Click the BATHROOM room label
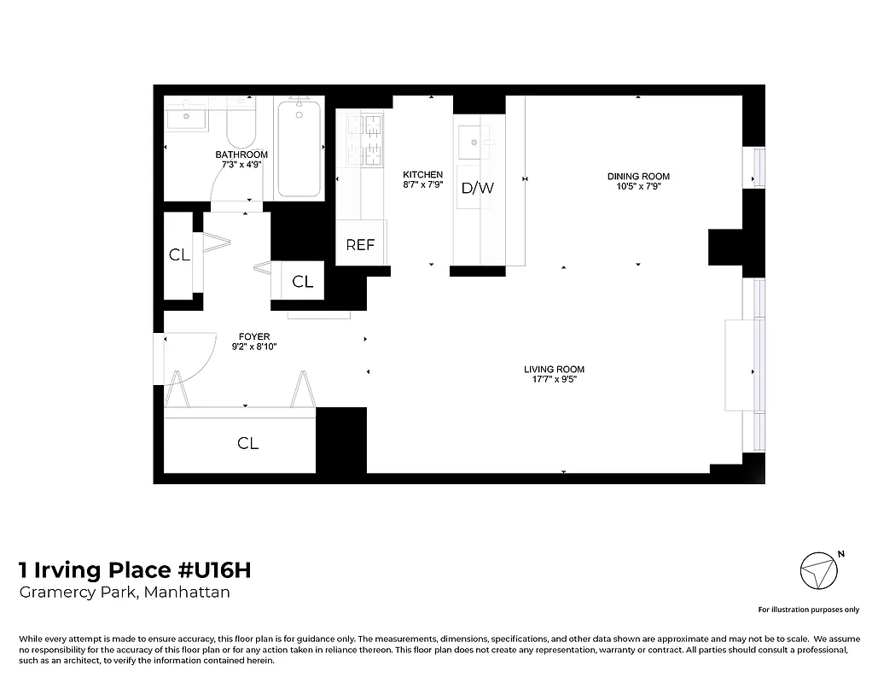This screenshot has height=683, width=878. coord(241,155)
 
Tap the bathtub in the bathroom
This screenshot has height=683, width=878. coord(299,148)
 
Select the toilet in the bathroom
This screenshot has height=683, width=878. coord(241,125)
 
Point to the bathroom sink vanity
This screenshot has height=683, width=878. coord(185,114)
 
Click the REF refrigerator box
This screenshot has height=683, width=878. coord(360,244)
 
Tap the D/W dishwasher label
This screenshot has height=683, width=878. coord(477,188)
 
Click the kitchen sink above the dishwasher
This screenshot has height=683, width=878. coord(472,143)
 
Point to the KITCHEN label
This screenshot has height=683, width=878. coord(422,174)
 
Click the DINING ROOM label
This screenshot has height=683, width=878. coord(637,177)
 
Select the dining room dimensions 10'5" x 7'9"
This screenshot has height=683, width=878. coord(637,186)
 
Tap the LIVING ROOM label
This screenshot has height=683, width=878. coord(554,369)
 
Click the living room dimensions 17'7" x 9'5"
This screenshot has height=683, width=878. coord(554,379)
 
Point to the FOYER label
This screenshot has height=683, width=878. coord(254,336)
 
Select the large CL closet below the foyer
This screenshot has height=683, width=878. coord(247,443)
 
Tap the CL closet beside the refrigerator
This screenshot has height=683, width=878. coord(302,282)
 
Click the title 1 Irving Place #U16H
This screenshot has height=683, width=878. coord(135,569)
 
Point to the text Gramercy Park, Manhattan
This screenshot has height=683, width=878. coord(125,593)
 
